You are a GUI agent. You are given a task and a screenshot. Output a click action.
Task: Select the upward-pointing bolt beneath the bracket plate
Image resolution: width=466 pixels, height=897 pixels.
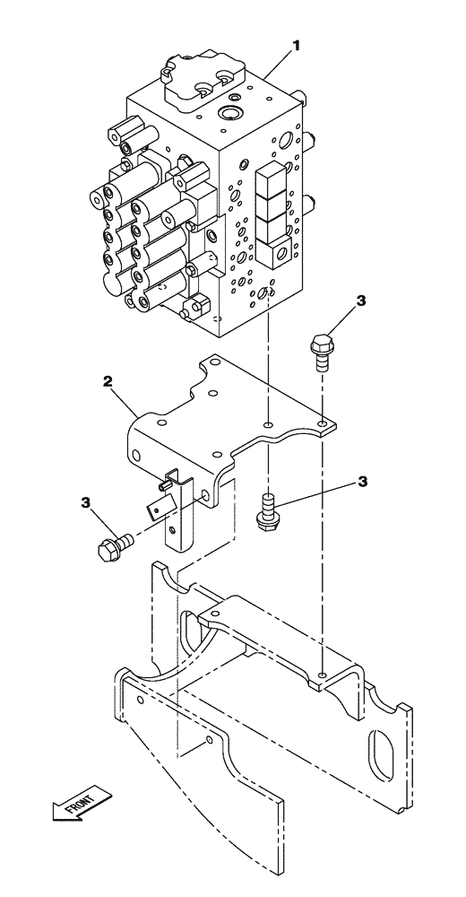coord(267,510)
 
